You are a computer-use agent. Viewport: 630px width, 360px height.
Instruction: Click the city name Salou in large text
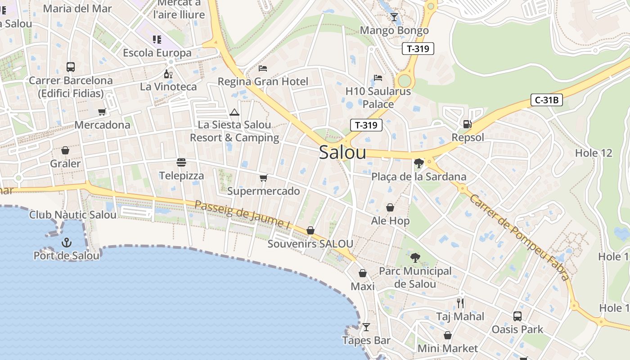[342, 153]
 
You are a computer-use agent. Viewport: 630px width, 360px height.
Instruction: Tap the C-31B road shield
[547, 100]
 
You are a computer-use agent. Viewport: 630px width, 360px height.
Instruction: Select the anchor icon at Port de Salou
[67, 243]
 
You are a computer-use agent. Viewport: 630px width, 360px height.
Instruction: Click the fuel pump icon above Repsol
[468, 124]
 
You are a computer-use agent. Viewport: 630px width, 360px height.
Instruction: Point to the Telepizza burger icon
[181, 162]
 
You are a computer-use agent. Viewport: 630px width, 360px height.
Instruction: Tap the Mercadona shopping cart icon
[102, 112]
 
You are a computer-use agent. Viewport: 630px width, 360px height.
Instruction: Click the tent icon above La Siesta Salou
[234, 112]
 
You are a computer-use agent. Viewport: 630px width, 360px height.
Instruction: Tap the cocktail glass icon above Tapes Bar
[366, 327]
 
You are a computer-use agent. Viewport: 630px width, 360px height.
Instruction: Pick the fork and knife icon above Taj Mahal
[460, 303]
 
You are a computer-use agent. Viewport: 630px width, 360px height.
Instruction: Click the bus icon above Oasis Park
[517, 316]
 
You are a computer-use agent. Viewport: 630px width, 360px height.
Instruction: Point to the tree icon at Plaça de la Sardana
[419, 163]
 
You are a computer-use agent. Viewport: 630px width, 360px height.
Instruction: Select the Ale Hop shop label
[390, 221]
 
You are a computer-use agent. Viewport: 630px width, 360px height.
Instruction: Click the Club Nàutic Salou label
[73, 215]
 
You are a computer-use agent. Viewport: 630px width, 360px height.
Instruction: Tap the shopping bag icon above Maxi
[362, 273]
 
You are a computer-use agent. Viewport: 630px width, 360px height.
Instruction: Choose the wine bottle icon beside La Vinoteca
[168, 74]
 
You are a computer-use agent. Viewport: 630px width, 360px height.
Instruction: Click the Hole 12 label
[594, 153]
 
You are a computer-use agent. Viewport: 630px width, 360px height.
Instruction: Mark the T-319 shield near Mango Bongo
[418, 49]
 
